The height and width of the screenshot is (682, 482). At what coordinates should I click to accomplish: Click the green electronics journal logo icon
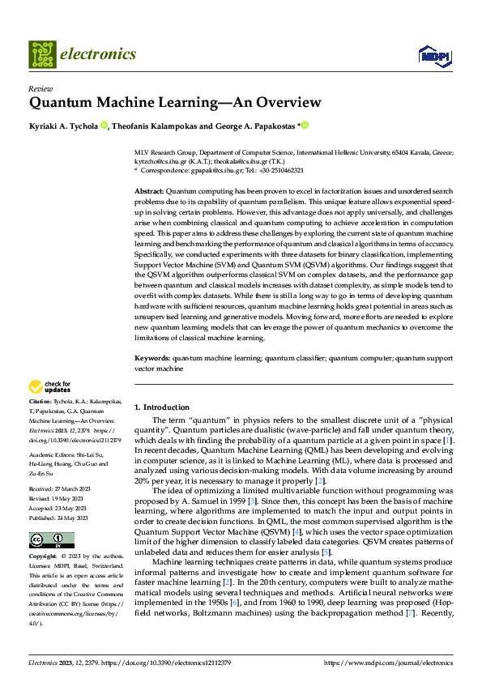(x=42, y=53)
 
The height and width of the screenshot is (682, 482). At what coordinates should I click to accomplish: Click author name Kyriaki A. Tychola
(x=64, y=126)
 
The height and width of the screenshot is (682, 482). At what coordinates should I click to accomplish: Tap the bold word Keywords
(x=151, y=357)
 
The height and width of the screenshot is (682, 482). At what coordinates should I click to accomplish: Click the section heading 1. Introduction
(x=161, y=407)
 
